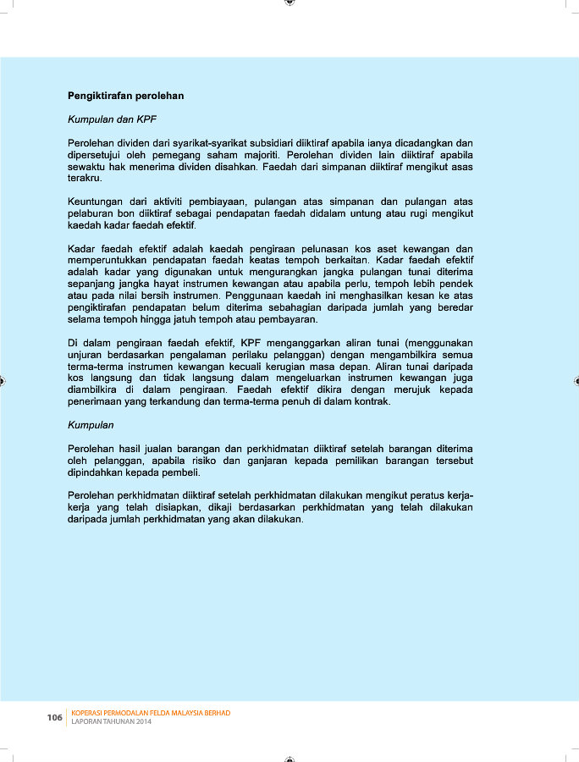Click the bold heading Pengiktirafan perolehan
tap(125, 96)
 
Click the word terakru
tap(85, 179)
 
